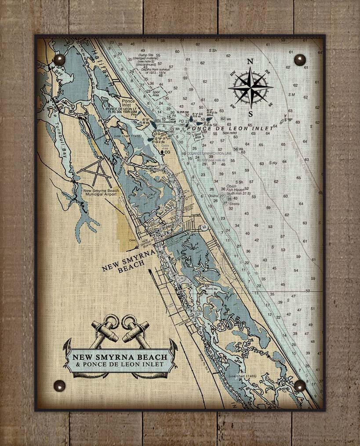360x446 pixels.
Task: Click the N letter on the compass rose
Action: [x=250, y=62]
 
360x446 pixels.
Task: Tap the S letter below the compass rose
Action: [x=250, y=114]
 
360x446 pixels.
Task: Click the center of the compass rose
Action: [x=250, y=88]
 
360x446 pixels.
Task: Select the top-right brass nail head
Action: [x=300, y=60]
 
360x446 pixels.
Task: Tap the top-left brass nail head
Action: [x=59, y=60]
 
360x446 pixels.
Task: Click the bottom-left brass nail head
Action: [x=59, y=386]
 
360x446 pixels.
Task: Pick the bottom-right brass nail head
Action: [x=300, y=386]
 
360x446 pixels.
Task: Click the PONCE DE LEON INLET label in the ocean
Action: [x=230, y=128]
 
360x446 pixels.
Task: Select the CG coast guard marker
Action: [x=166, y=152]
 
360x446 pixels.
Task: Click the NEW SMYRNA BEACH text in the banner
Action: [x=120, y=357]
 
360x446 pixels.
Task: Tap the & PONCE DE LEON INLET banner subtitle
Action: [x=120, y=365]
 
